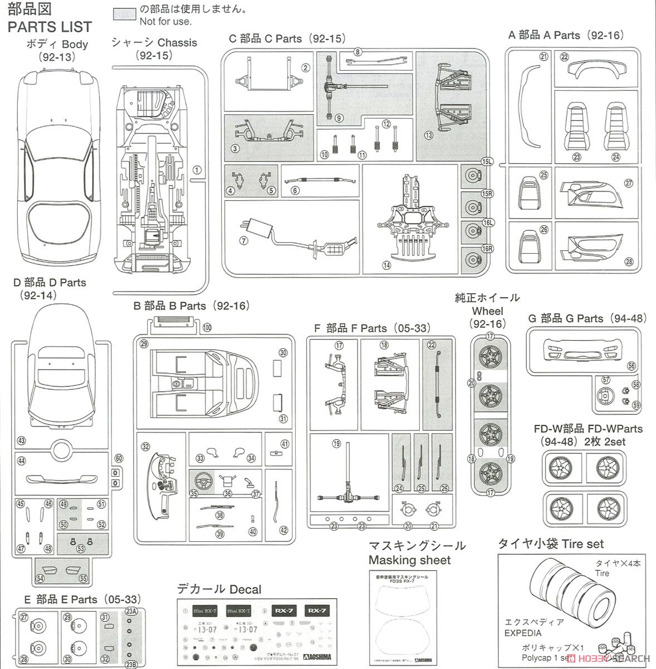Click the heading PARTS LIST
[x=50, y=26]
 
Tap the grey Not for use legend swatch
[x=123, y=12]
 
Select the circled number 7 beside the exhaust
[x=243, y=241]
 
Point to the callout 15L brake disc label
[x=488, y=162]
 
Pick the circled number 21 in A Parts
[x=544, y=56]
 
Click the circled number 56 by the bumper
[x=631, y=366]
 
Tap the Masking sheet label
[x=409, y=560]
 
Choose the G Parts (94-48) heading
[x=588, y=318]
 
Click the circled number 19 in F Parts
[x=336, y=444]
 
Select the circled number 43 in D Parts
[x=21, y=440]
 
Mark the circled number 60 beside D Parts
[x=118, y=458]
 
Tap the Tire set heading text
[x=550, y=544]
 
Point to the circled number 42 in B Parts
[x=283, y=530]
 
